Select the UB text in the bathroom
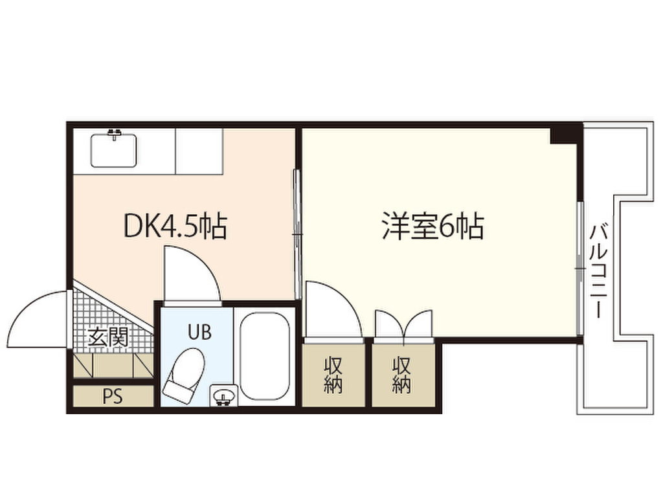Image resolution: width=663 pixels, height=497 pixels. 199,332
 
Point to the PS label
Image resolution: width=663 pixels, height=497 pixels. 113,397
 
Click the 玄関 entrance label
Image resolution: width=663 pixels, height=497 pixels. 107,338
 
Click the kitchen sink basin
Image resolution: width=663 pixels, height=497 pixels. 114,150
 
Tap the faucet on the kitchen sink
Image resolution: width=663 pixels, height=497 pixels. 114,134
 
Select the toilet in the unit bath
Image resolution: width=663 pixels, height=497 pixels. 185,373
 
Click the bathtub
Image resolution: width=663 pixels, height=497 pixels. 265,356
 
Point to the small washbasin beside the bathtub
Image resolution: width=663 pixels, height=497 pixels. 223,396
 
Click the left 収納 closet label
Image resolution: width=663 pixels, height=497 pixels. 333,375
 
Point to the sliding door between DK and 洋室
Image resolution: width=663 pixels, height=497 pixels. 298,234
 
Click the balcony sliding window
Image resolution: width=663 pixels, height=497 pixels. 581,269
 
